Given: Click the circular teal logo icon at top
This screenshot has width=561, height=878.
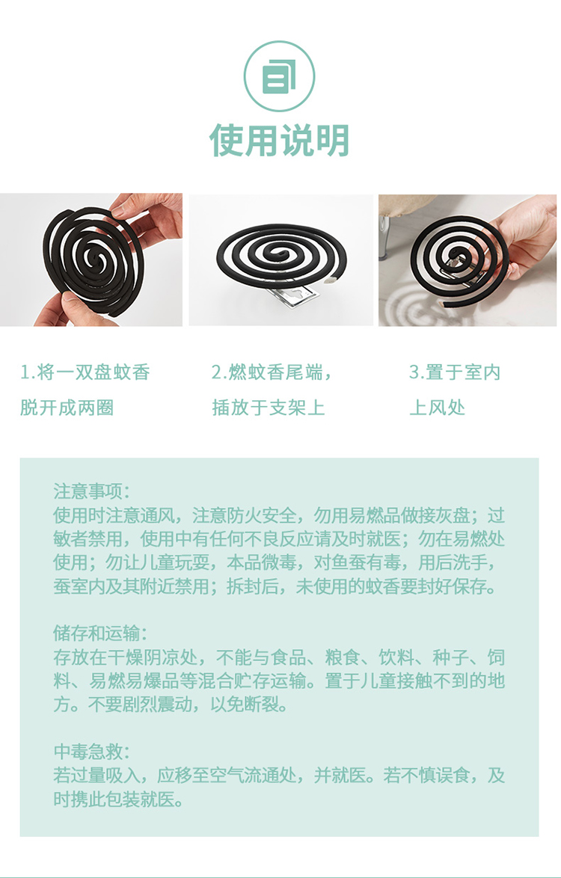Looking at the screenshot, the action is pos(279,77).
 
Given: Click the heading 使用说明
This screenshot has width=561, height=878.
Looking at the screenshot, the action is pos(280,140).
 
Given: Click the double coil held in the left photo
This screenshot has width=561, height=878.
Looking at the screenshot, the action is pos(93,260).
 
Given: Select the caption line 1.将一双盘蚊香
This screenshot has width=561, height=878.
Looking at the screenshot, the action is pos(85,372).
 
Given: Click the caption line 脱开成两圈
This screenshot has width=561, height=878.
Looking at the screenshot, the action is pos(67,407).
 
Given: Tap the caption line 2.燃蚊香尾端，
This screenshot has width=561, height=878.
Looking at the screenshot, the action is pos(272,372).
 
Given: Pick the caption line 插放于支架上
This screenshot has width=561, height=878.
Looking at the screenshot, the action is pos(269,407).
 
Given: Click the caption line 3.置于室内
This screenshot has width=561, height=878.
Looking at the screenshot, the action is pos(455,372).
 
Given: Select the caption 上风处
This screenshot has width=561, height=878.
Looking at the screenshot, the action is pos(438,407).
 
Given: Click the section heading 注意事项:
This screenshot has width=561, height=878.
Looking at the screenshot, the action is pos(92,491).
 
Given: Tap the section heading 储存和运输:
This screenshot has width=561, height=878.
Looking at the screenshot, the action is pos(101,633).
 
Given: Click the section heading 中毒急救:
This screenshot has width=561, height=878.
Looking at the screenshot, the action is pos(92,752).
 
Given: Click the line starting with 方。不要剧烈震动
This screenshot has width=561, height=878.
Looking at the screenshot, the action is pos(171,704).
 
